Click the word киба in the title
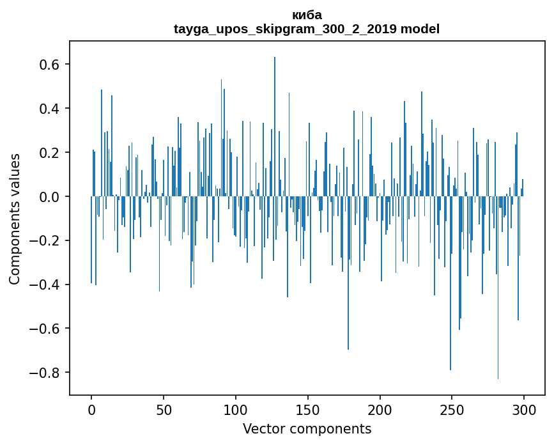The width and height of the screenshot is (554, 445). click(307, 15)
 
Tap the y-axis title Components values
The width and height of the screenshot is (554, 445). click(15, 219)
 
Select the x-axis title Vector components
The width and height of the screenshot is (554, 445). click(307, 428)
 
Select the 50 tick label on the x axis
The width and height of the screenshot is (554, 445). click(164, 409)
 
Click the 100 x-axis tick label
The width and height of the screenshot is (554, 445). click(236, 409)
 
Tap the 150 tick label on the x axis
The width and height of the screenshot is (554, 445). click(308, 409)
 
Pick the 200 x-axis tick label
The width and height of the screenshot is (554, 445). click(380, 409)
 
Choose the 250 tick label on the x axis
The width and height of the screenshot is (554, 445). click(452, 409)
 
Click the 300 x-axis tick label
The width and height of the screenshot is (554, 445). click(524, 409)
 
